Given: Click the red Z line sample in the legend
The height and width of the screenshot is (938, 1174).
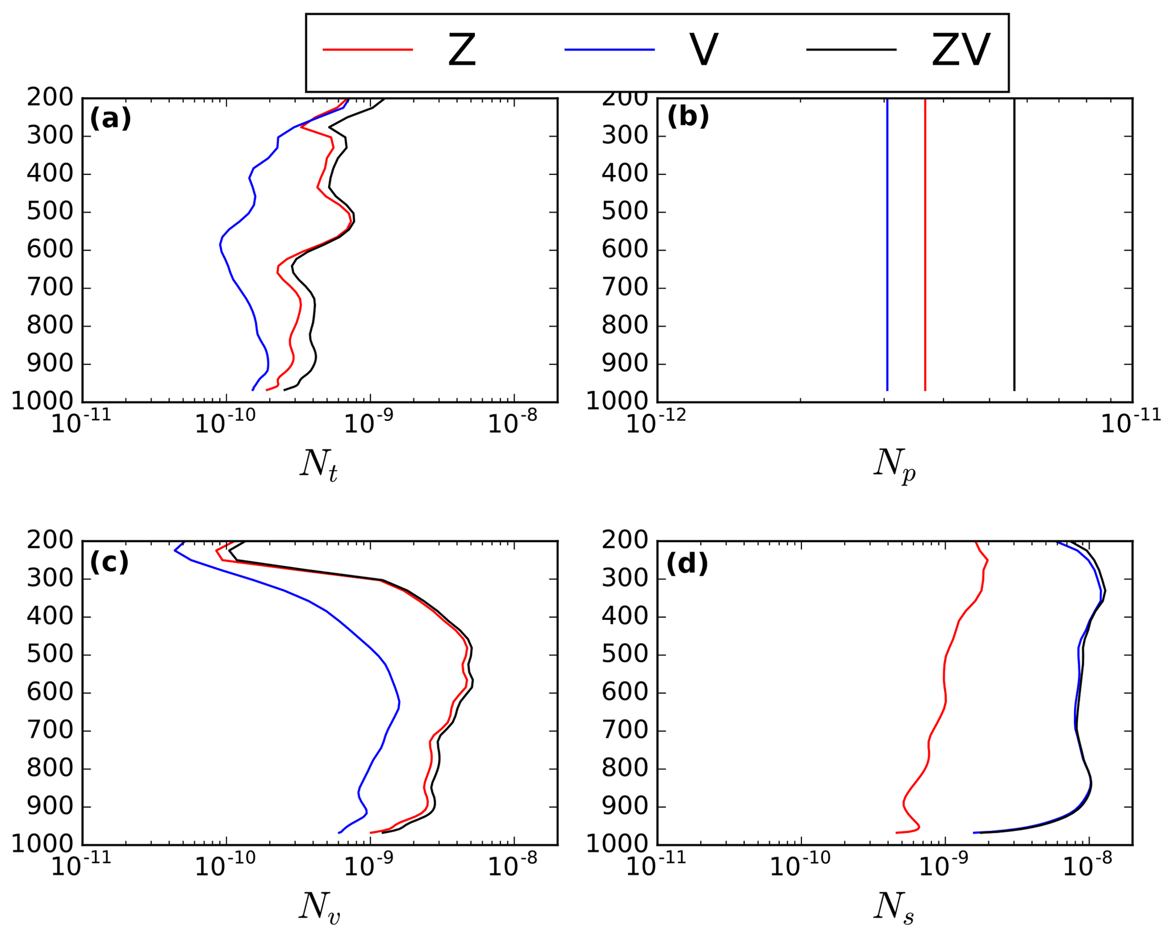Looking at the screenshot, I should [x=367, y=50].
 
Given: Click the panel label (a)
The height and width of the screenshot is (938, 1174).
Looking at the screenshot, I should [x=110, y=119].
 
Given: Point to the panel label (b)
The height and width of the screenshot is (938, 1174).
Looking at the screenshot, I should [x=688, y=116].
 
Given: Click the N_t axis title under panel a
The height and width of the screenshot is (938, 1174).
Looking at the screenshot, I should [x=319, y=465].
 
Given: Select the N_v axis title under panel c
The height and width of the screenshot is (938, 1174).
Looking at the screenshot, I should [x=319, y=907].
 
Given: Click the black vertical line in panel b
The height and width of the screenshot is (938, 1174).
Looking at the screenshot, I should [x=1014, y=244].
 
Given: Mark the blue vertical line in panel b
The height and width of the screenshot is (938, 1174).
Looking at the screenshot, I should [x=887, y=244].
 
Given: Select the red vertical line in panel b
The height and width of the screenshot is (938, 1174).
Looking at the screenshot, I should [x=925, y=244].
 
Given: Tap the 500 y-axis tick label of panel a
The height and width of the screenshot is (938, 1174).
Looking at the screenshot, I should [x=51, y=212].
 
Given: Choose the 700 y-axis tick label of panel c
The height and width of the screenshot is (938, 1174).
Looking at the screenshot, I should [x=51, y=731].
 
